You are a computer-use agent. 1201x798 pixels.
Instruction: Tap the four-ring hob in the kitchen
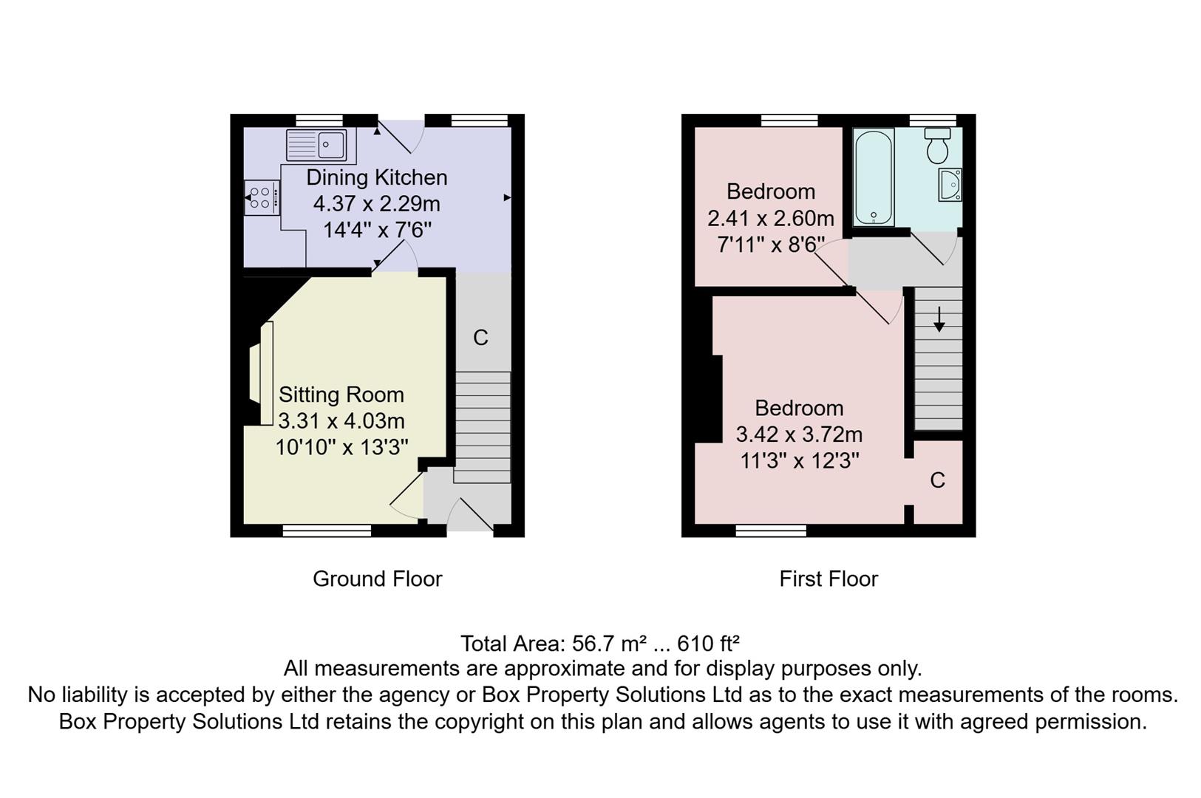point(260,197)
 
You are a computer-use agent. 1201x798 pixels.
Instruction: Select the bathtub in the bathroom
point(874,177)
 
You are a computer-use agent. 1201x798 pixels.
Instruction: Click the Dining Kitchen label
point(376,177)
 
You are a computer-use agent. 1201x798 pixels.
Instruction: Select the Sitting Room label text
point(341,395)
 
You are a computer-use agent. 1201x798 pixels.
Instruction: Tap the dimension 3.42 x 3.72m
point(798,434)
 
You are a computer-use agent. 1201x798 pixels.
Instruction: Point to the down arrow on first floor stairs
point(939,319)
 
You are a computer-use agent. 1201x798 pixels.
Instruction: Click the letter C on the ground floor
point(480,338)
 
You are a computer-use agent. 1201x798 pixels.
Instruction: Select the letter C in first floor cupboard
point(937,480)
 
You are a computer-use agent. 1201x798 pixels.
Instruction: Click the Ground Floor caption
point(377,579)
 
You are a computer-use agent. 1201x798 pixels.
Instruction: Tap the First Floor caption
point(829,579)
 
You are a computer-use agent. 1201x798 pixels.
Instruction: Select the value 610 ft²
point(708,644)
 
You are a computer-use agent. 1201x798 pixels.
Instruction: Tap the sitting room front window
point(327,530)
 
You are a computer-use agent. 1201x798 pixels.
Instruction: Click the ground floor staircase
point(482,425)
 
